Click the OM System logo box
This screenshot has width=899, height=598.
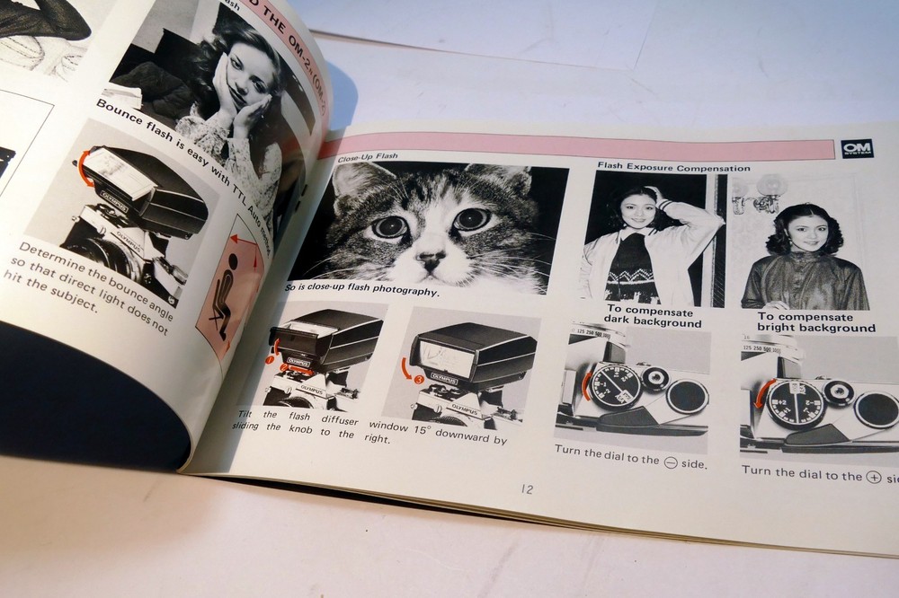[857, 149]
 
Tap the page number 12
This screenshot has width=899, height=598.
[527, 489]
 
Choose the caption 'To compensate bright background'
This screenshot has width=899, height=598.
[815, 322]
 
